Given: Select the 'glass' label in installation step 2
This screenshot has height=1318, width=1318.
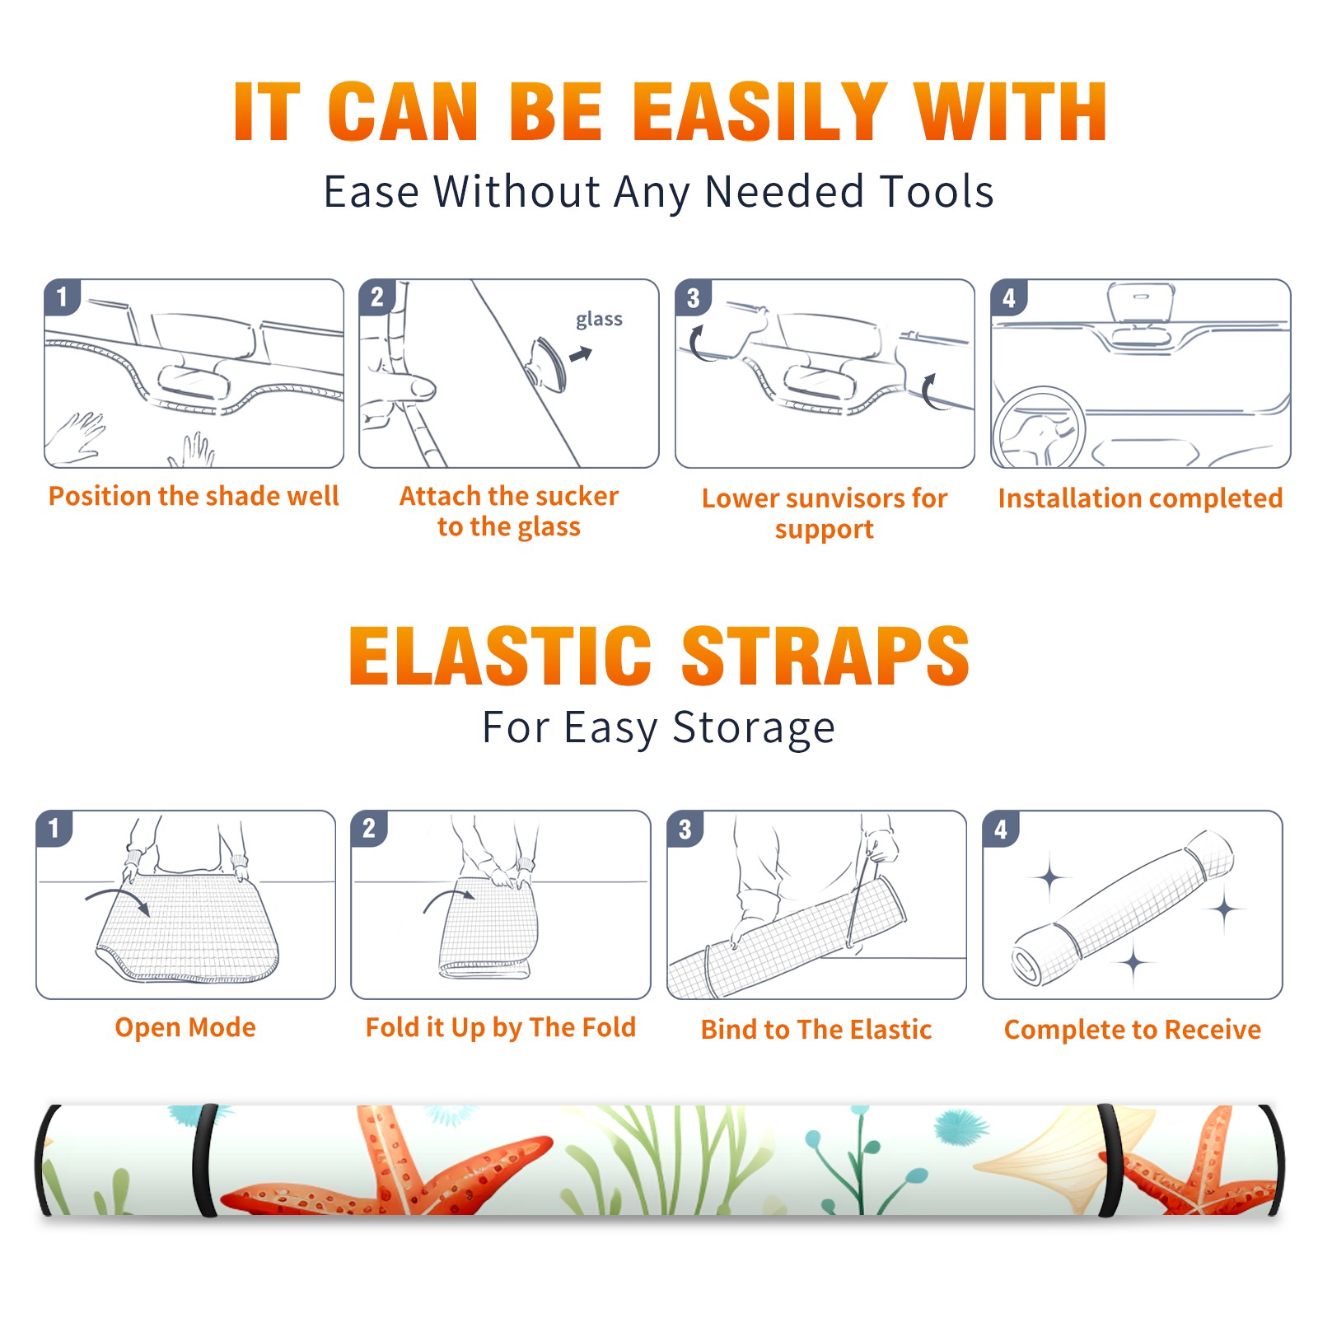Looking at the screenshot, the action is coord(599,320).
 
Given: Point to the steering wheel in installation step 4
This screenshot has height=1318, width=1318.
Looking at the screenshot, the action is coord(1039,428).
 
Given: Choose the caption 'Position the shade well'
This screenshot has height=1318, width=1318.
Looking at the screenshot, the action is coord(194,496).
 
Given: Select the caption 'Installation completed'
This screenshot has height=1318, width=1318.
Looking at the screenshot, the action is coord(1140,498).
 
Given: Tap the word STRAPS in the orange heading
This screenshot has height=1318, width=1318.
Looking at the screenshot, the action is coord(825,656).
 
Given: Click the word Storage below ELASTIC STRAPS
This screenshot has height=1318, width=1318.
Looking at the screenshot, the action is coord(754,728).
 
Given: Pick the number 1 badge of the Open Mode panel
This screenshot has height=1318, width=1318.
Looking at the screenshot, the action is coord(54,828).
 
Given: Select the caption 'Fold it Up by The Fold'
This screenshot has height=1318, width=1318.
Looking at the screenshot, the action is coord(501,1027).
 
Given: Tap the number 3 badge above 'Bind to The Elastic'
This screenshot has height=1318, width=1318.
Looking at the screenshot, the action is coord(685,829).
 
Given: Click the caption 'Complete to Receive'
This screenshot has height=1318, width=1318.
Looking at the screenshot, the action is coord(1133,1030).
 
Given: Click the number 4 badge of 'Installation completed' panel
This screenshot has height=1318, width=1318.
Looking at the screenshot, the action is coord(1009,297).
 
